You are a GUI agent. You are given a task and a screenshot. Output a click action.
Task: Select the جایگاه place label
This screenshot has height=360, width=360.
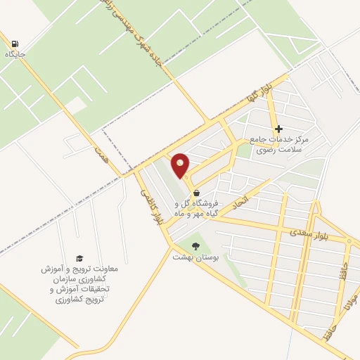(15, 54)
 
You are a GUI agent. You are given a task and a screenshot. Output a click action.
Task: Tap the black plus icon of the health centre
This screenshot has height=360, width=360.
(279, 129)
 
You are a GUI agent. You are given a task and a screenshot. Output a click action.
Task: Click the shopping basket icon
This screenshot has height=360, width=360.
(196, 193)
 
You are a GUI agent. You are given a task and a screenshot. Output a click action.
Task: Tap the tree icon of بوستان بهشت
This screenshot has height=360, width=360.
(195, 246)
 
